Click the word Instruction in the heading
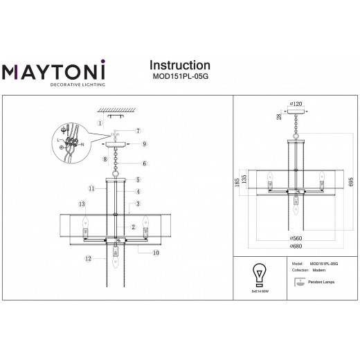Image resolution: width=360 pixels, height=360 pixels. coord(180,66)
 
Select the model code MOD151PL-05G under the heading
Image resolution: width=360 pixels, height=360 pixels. coord(180,79)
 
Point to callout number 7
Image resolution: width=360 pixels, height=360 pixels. coord(138,131)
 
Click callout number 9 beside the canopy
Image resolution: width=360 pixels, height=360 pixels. coord(144,144)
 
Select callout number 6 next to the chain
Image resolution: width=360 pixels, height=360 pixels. coord(144,163)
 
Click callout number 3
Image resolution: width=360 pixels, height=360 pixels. coord(138,204)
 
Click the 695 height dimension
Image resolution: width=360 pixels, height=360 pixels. coord(351,181)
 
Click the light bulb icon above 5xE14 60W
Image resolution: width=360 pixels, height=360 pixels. coord(260,273)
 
